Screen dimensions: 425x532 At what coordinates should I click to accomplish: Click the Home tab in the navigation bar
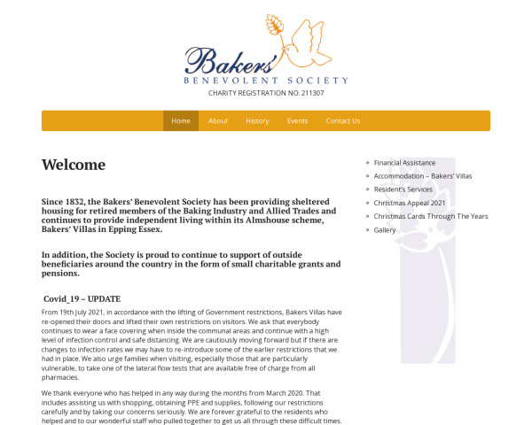tap(181, 121)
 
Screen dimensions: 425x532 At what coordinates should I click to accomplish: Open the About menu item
tap(218, 121)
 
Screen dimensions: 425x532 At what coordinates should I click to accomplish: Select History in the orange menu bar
tap(257, 121)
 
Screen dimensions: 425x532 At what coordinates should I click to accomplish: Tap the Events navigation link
tap(297, 121)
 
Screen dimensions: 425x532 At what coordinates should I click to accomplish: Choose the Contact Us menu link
tap(342, 121)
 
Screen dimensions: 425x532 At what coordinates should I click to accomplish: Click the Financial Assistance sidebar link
tap(404, 163)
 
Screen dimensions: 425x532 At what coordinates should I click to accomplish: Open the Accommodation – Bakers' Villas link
tap(422, 176)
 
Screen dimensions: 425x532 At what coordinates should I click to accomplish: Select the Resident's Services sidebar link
tap(403, 189)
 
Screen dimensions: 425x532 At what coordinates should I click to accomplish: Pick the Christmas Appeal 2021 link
tap(409, 203)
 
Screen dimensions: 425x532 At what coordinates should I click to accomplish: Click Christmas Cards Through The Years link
tap(430, 216)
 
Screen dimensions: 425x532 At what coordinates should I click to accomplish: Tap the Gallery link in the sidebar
tap(385, 230)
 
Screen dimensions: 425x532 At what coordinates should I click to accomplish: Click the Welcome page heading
tap(74, 165)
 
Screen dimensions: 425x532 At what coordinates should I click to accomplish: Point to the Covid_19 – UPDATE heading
tap(82, 299)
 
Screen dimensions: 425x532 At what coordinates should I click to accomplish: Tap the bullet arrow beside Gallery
tap(367, 230)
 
